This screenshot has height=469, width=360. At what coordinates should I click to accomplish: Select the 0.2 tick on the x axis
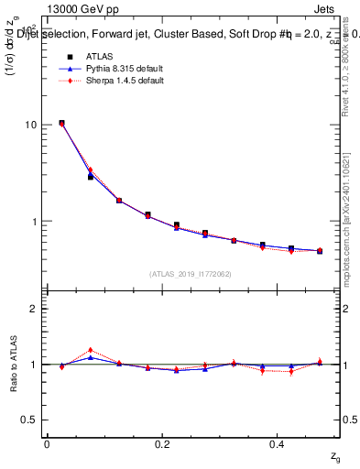tap(162, 444)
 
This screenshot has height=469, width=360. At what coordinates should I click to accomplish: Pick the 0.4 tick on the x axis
tap(277, 444)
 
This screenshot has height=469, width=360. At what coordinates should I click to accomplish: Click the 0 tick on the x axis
tap(47, 444)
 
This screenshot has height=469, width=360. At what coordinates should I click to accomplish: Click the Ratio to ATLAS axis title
tap(12, 364)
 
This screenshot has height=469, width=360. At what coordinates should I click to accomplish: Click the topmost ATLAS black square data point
tap(61, 123)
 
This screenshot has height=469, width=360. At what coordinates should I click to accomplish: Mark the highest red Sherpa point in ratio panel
tap(91, 350)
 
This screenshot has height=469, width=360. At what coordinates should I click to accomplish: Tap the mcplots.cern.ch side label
tap(348, 229)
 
